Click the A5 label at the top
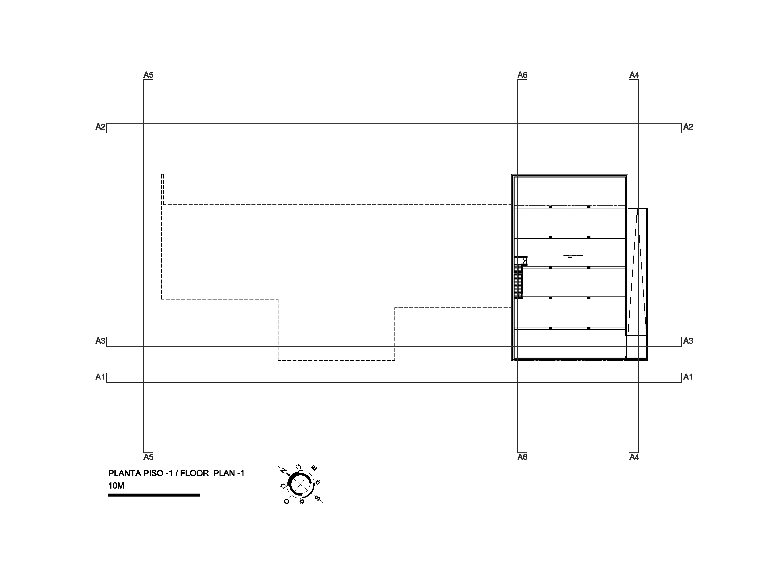tap(148, 75)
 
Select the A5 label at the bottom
tap(148, 457)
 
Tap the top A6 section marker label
tap(522, 75)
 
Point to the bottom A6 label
tap(522, 457)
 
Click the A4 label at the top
tap(634, 75)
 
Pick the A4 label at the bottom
tap(634, 457)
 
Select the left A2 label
tap(100, 127)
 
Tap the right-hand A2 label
tap(688, 127)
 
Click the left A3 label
tap(100, 341)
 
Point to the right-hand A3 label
tap(688, 341)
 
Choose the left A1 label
tap(100, 377)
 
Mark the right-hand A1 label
tap(688, 377)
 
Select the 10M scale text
tap(116, 486)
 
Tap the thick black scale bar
tap(154, 495)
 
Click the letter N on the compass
tap(284, 471)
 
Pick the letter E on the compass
tap(314, 468)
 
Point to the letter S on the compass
tap(318, 498)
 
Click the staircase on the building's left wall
tap(518, 282)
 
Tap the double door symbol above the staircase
tap(524, 260)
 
